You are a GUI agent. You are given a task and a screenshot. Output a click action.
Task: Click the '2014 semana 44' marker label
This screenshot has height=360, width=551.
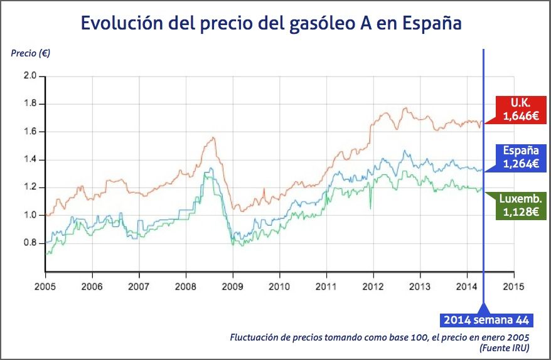(x=486, y=320)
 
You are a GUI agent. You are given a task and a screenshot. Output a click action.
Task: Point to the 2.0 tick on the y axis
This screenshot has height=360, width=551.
(x=30, y=76)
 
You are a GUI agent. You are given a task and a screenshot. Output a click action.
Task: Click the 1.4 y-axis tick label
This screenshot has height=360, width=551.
(x=30, y=159)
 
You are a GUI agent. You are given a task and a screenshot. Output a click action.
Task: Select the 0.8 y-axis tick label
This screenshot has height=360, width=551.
(x=30, y=243)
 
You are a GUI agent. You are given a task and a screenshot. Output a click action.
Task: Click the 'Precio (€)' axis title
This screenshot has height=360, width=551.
(x=31, y=53)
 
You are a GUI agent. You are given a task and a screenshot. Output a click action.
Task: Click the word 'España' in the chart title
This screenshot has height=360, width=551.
(x=431, y=23)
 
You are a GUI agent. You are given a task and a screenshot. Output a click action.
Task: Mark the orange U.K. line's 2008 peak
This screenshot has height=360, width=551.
(x=213, y=137)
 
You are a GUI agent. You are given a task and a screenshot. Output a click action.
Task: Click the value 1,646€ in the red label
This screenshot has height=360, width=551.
(x=520, y=115)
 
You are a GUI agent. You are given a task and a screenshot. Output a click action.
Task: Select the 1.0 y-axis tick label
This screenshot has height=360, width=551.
(x=30, y=215)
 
